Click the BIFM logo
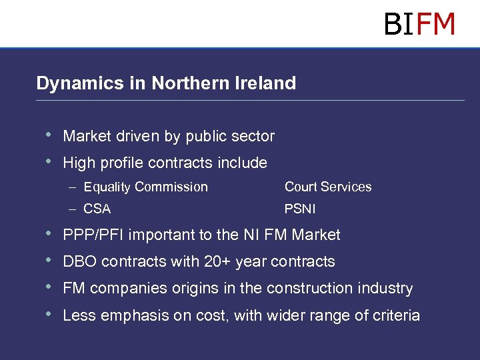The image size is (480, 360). click(419, 24)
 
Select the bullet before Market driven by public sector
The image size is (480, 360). click(47, 135)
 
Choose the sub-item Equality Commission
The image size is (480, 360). click(146, 187)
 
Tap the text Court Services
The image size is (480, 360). click(328, 187)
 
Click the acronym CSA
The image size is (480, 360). click(97, 209)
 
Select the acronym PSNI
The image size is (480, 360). click(300, 209)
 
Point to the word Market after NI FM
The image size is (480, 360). click(315, 235)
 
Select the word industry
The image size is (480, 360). click(387, 289)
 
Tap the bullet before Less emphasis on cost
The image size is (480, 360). click(47, 315)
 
